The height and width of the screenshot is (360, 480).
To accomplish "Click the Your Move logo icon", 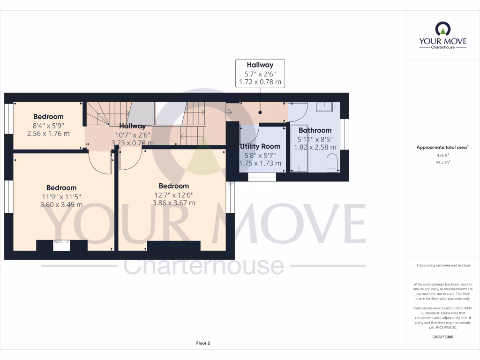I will pos(442,29).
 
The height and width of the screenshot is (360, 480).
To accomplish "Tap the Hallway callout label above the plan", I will pos(260,65).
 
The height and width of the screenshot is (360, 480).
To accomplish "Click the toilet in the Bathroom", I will pos(332,162).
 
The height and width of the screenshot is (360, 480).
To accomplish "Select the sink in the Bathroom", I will pos(324,107).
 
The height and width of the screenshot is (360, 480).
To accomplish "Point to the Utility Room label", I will pos(261,146).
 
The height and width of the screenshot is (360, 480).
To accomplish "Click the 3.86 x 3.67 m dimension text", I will pos(173,203).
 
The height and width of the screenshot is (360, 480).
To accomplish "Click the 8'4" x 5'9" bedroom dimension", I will pos(48,125).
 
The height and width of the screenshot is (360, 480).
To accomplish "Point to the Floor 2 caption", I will pos(203,343).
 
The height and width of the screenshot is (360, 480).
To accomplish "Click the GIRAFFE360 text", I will pos(443,337).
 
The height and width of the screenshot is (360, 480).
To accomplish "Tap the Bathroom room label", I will pos(315,130).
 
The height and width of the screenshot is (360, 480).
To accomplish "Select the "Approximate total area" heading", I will pos(442,147).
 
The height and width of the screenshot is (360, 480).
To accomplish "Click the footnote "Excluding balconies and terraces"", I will pos(442,265).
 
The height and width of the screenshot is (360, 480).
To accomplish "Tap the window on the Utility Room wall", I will pos(262,177).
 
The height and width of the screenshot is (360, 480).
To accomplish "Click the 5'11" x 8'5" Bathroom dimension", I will pos(315,139).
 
